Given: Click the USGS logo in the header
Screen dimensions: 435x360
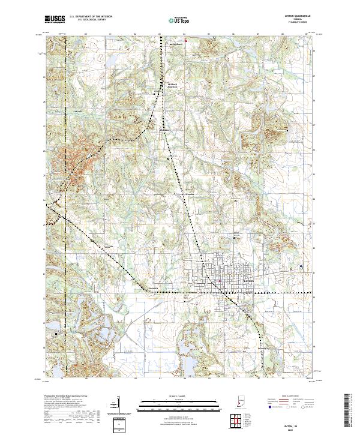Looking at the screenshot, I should coord(55,19).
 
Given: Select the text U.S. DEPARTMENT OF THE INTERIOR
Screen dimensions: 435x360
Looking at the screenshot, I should coord(91,17).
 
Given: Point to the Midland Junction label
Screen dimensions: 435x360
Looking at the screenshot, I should coord(173,85).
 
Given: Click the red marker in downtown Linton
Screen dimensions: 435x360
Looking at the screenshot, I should coord(220,281).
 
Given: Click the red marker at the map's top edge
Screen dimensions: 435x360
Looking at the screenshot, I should coord(187,41).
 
